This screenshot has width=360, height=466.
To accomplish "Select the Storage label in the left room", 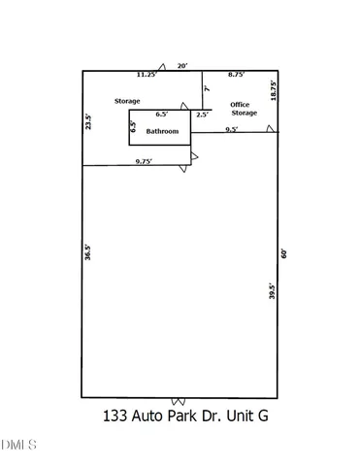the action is [128, 101].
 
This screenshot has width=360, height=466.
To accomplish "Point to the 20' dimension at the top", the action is [182, 65].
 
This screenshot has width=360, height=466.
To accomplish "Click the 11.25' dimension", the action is [147, 75].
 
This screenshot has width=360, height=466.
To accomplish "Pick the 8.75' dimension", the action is [236, 75].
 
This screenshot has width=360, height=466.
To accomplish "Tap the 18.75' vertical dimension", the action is [274, 91].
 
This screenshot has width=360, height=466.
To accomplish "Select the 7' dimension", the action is [208, 90].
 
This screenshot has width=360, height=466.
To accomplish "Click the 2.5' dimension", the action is [202, 115].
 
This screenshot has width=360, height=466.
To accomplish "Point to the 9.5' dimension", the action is [233, 129].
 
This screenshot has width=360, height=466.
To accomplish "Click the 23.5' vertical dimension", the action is [88, 123].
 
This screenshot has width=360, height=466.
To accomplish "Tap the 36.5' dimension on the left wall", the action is [88, 252].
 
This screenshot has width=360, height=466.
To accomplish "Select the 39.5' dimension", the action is [273, 290].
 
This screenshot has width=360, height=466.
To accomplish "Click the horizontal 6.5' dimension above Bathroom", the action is [160, 115].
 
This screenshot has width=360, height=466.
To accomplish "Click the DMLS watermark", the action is [18, 446].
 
